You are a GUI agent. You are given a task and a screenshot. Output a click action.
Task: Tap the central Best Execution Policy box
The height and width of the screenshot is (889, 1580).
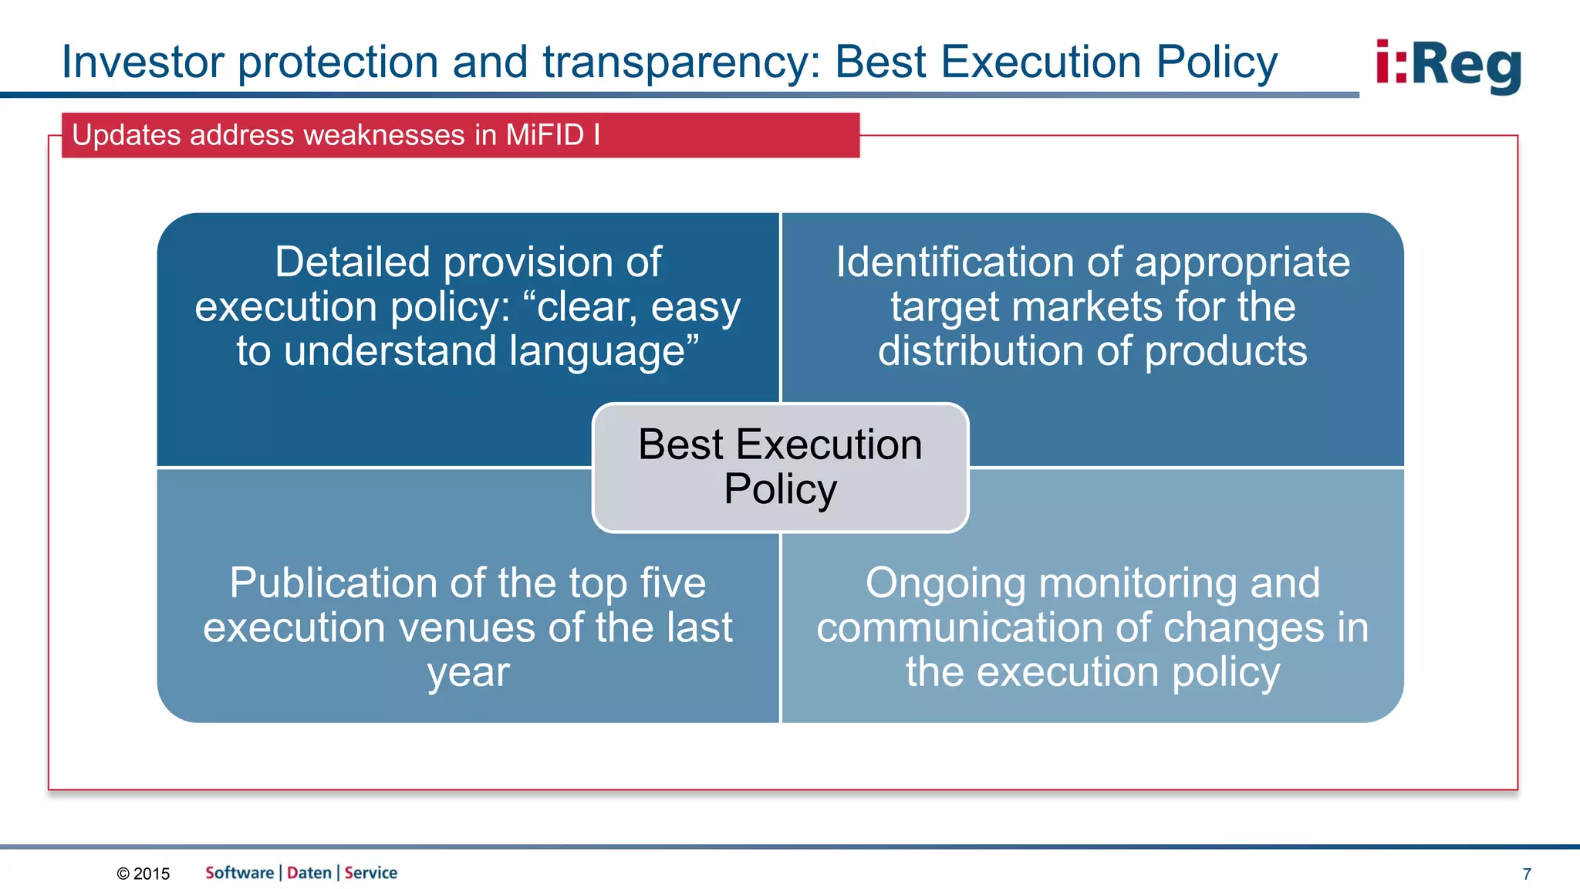[x=780, y=468]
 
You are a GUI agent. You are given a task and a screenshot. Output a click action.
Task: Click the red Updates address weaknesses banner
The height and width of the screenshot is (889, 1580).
[x=461, y=135]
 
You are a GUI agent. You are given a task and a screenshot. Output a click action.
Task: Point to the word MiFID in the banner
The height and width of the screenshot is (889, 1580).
[x=545, y=135]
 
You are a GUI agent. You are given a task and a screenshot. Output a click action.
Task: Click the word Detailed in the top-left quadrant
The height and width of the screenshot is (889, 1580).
[x=355, y=262]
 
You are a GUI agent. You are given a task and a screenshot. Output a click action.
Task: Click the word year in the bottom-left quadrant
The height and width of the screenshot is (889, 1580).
[x=468, y=673]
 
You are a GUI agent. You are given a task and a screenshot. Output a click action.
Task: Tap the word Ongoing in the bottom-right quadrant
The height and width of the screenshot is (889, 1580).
[x=945, y=583]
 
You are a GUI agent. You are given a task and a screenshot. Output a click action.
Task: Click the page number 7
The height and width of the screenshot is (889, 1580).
[x=1527, y=874]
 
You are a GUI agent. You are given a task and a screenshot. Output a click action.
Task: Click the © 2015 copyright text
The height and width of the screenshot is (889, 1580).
[x=143, y=874]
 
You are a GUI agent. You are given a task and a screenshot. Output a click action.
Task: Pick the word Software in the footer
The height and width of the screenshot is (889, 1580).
[x=239, y=873]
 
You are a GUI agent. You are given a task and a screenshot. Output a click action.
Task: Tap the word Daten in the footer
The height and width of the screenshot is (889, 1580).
[x=309, y=873]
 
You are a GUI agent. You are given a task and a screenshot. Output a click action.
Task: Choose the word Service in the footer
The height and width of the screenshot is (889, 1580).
[x=371, y=873]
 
